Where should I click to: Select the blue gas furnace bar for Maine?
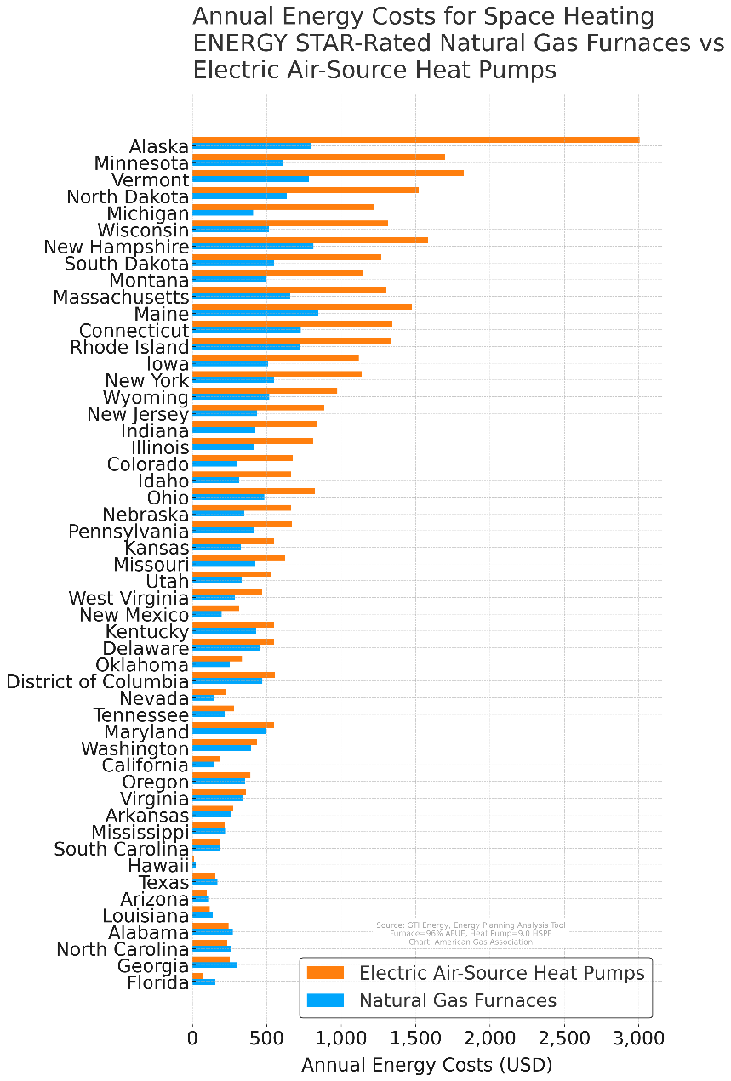pos(255,313)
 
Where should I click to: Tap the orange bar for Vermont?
pos(328,174)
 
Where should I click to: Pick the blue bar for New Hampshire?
pos(253,247)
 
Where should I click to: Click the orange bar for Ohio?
pos(254,491)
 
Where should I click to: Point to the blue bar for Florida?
pos(204,982)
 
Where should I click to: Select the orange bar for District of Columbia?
pos(233,675)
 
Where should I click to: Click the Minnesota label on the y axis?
pos(141,163)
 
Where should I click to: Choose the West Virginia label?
pos(128,598)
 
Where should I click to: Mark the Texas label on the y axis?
pos(163,883)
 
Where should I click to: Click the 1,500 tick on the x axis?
pos(415,1038)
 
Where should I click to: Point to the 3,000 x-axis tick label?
pos(638,1038)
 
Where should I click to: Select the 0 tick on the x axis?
pos(192,1038)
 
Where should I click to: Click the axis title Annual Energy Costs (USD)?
pos(426,1066)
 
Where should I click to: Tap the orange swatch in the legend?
pos(325,972)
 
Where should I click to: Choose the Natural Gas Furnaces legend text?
pos(458,1000)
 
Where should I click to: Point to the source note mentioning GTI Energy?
pos(471,925)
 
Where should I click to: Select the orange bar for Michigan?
pos(283,207)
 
